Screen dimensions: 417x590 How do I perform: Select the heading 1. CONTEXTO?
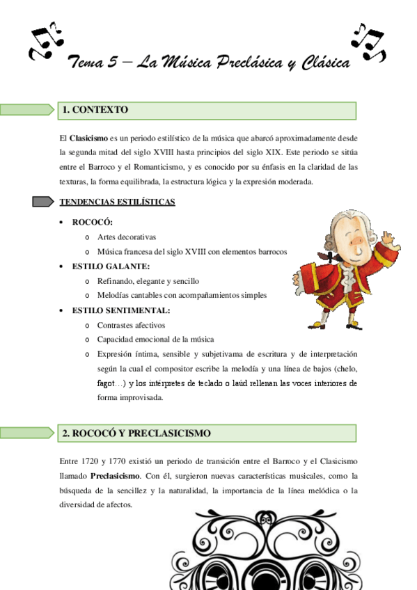coord(95,110)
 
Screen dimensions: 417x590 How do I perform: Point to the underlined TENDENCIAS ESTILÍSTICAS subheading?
coord(117,202)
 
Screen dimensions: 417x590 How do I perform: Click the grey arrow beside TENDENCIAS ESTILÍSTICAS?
coord(42,202)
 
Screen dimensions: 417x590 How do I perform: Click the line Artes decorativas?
coord(127,237)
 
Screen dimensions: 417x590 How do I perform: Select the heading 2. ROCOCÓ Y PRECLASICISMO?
coord(136,433)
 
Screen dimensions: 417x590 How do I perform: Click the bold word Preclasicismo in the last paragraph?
coord(116,477)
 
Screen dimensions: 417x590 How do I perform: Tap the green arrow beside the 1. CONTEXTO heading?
coord(27,110)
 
